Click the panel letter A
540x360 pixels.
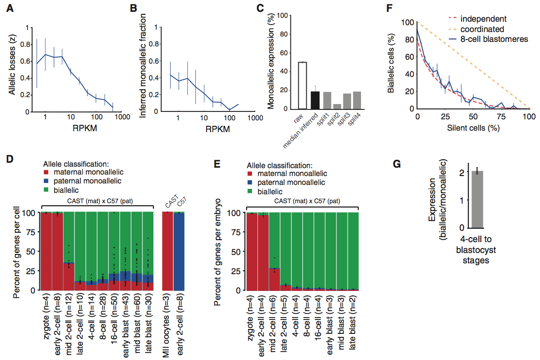[9, 9]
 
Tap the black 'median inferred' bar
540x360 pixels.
[315, 100]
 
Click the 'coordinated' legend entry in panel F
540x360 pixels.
[482, 29]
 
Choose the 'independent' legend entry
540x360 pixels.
[483, 19]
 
